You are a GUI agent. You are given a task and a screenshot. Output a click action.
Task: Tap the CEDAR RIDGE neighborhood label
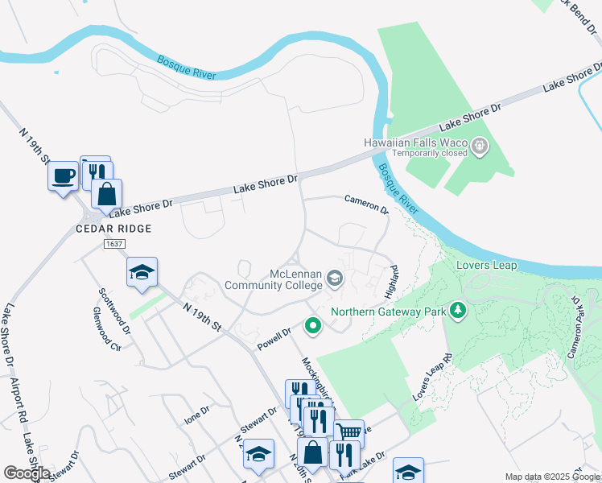113,229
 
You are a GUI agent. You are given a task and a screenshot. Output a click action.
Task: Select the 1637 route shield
113,243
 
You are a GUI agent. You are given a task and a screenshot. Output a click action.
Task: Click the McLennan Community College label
273,279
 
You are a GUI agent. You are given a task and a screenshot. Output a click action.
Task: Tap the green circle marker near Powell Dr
312,326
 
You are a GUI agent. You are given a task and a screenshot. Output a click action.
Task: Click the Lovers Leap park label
483,264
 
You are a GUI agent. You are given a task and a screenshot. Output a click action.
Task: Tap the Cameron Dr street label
366,204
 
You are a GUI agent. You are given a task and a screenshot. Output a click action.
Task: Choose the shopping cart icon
348,432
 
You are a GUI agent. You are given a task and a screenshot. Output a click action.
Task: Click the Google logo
27,473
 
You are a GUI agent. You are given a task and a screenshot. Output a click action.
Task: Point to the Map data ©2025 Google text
551,477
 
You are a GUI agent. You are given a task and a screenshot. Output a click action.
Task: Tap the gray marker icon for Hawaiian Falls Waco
480,146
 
